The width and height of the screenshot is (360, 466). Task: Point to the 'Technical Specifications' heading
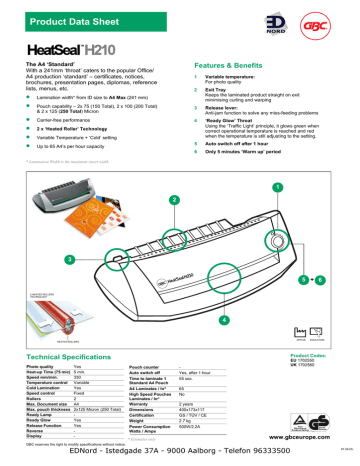[x=70, y=357]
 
